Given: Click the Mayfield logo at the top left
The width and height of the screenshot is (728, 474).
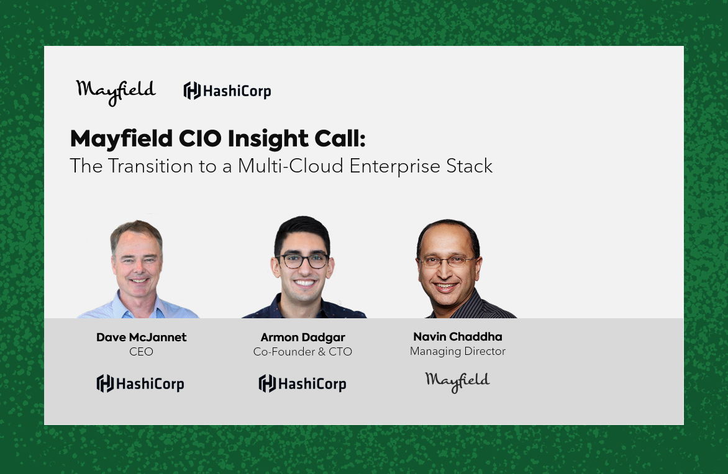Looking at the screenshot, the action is (116, 92).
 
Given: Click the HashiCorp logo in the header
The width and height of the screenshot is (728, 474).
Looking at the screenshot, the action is (227, 91).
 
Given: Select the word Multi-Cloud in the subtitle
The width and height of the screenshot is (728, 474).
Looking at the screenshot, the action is (291, 166).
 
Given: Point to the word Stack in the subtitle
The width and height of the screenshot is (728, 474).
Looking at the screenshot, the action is (470, 166).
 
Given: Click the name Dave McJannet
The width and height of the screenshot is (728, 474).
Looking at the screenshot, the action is (141, 337).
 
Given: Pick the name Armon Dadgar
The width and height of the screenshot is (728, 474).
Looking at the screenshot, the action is (303, 337).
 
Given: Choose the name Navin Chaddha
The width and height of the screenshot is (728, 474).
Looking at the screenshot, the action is (458, 336).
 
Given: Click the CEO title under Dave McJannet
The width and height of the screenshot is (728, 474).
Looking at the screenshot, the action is (141, 352).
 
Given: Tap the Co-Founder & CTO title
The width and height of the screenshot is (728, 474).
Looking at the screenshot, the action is (303, 352).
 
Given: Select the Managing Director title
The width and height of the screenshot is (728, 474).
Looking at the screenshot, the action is (458, 351).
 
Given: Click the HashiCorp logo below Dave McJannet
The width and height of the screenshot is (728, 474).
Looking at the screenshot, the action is (140, 383).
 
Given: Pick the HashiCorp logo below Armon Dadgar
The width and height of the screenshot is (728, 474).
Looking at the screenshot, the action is (303, 383).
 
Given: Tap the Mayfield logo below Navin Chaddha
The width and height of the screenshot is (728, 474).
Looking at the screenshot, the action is (458, 382).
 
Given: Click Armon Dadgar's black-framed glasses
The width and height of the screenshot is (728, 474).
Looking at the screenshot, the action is (304, 261).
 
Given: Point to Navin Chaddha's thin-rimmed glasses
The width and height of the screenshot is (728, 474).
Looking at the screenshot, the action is (447, 262).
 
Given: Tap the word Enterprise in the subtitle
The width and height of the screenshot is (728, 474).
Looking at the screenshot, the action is (394, 166).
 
